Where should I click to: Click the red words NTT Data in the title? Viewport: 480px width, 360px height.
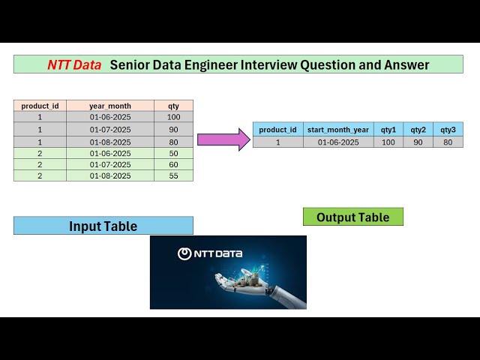coord(74,65)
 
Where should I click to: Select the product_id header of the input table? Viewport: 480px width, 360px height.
coord(40,106)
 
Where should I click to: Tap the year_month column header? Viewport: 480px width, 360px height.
coord(110,106)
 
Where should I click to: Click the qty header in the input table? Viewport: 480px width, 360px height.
coord(174,106)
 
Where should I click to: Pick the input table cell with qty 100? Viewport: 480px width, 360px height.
coord(174,117)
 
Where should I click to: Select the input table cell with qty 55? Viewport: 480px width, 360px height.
coord(174,175)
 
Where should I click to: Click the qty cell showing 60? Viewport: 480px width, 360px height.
coord(174,164)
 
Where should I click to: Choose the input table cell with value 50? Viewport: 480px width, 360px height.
coord(174,153)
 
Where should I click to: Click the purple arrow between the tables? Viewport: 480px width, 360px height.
coord(223,139)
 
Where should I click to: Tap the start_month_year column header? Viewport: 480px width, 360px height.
coord(338,130)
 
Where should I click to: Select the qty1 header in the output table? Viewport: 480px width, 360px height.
coord(388,130)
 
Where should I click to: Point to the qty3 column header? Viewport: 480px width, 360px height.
coord(448,130)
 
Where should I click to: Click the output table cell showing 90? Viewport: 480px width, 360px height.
coord(418,142)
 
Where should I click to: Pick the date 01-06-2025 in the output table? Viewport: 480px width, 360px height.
coord(338,142)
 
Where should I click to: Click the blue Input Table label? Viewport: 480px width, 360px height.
coord(103,226)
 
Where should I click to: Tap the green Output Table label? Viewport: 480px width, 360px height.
coord(352,217)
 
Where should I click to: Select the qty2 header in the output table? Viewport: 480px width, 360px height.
coord(418,130)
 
